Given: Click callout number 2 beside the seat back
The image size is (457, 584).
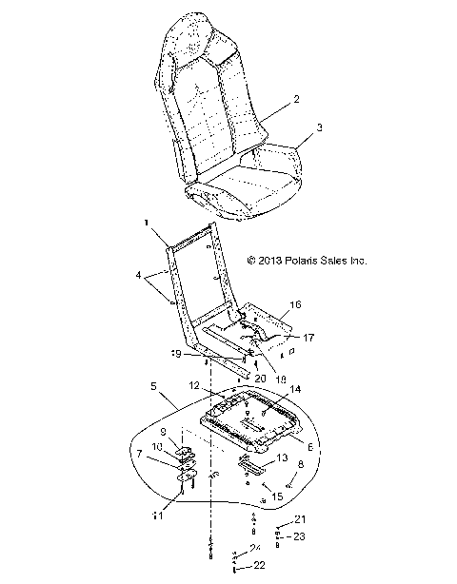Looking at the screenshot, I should click(x=296, y=100).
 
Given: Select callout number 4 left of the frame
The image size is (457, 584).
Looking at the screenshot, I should click(x=142, y=278).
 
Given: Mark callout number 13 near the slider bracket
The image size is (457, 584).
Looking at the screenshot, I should click(x=282, y=457).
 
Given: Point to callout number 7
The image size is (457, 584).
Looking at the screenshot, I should click(x=141, y=455).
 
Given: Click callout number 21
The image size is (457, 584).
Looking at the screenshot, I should click(x=300, y=518).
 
